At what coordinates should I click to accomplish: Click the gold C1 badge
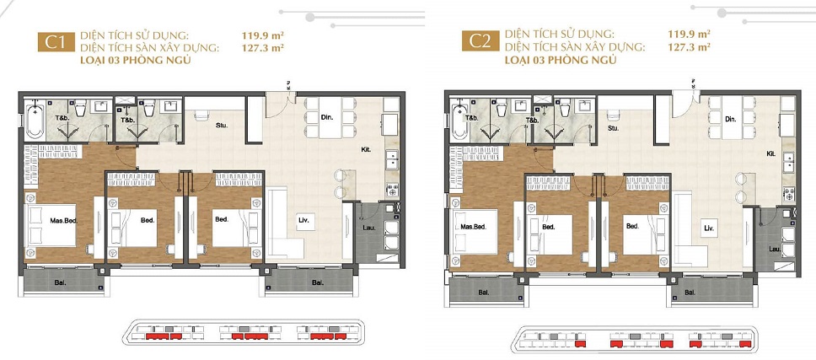pyautogui.click(x=55, y=43)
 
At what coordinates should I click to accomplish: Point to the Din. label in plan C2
pyautogui.click(x=731, y=121)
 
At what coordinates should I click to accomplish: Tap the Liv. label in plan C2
pyautogui.click(x=710, y=228)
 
